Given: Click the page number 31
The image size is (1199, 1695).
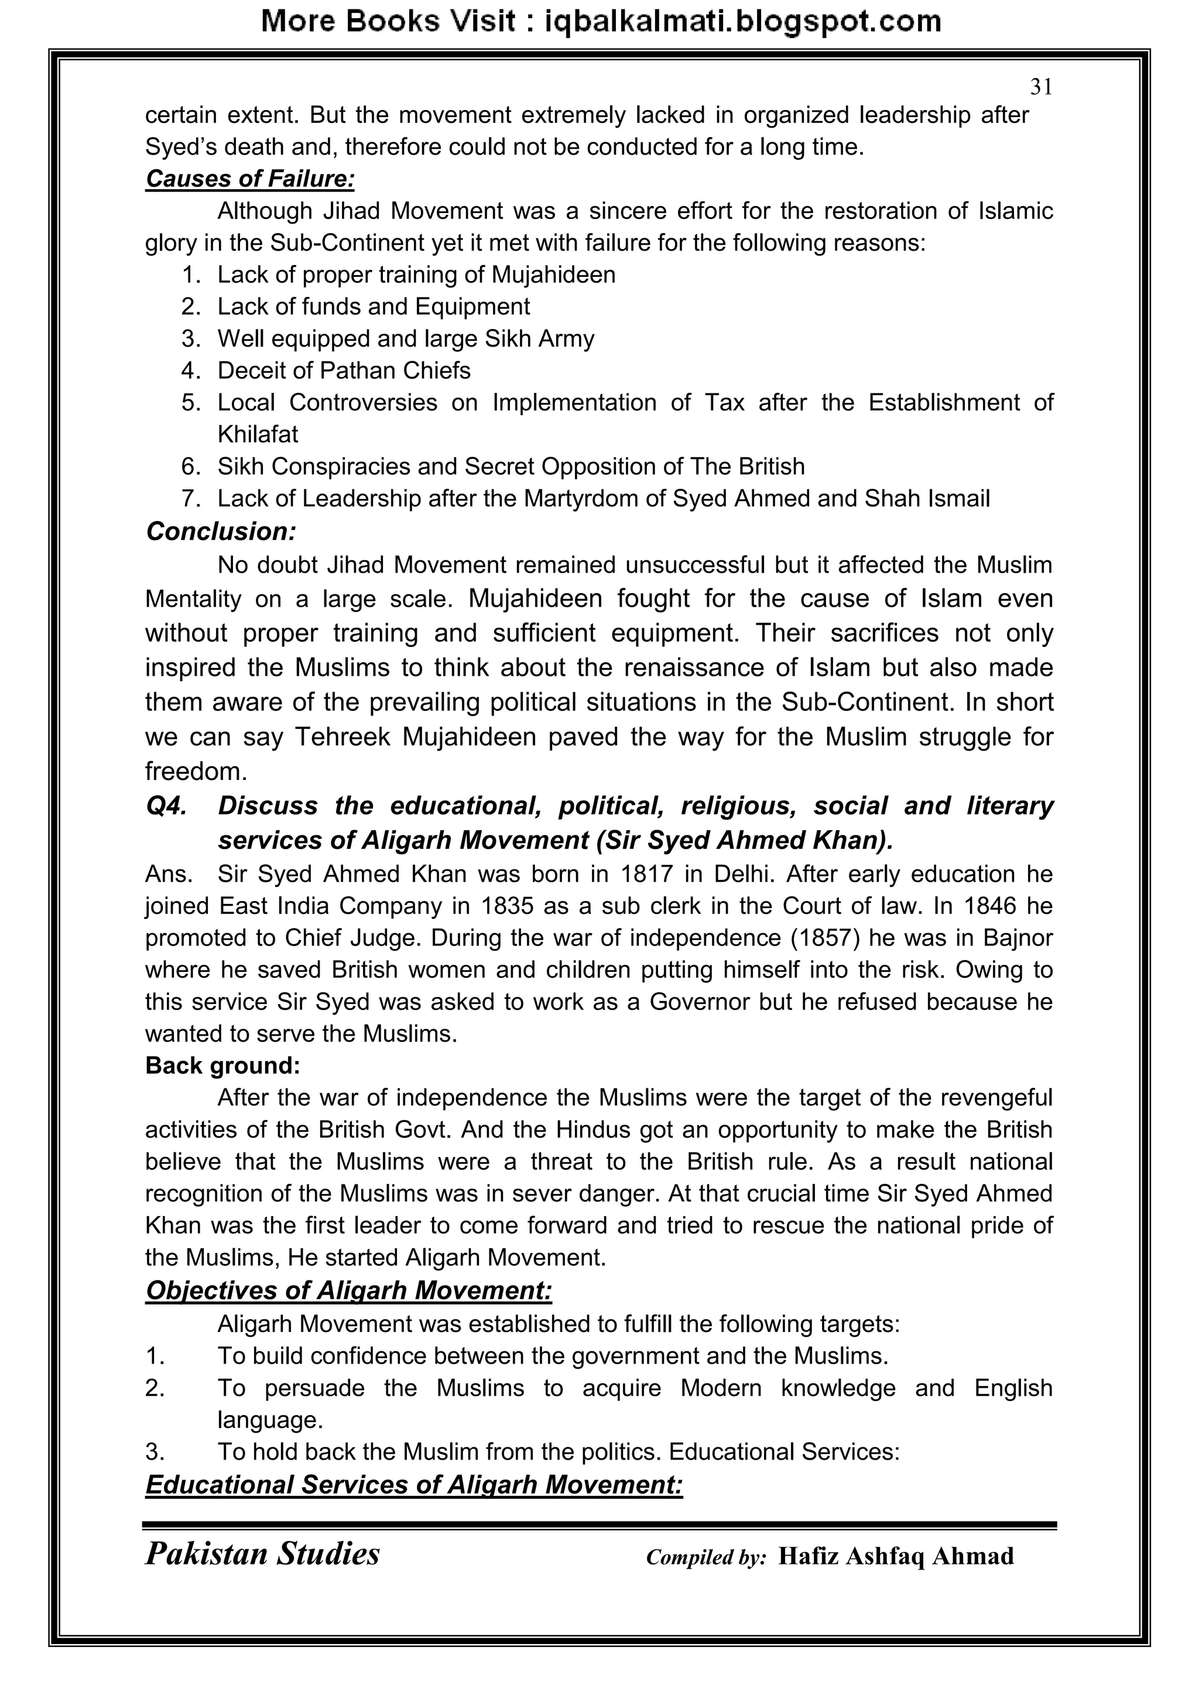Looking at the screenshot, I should [x=1040, y=87].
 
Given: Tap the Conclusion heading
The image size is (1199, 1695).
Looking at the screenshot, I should [x=221, y=531].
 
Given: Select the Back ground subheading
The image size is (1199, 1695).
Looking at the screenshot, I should [x=222, y=1065].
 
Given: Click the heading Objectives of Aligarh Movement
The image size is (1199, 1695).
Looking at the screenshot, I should [x=348, y=1290].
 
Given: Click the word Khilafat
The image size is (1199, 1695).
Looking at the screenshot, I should [x=258, y=434].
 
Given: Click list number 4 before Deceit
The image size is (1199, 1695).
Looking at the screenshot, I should [x=190, y=371].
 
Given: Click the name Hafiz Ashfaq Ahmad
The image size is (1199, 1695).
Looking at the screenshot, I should [x=896, y=1556].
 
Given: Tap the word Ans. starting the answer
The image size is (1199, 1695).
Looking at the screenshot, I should [x=169, y=874].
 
